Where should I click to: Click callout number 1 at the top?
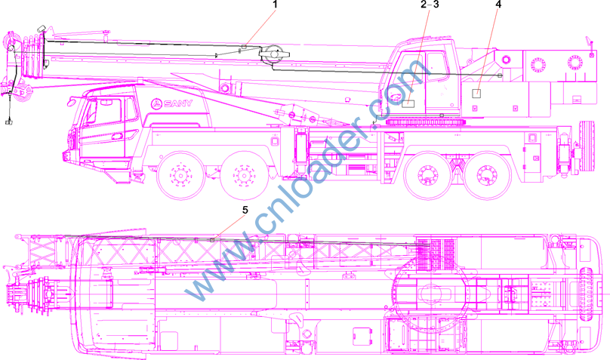276,5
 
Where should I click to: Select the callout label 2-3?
430,5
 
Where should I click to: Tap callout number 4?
498,5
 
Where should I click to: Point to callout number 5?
245,210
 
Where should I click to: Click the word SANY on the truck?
178,103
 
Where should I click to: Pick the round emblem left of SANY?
156,103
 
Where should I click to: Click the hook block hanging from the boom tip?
8,122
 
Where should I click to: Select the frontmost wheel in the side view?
180,175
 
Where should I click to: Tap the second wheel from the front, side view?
244,175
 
